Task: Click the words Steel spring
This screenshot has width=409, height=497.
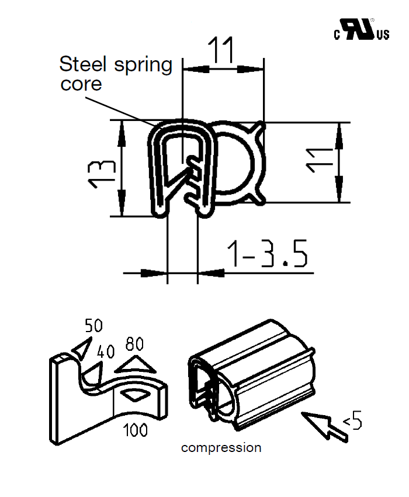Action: tap(116, 64)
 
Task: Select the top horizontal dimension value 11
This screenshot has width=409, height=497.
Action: tap(223, 50)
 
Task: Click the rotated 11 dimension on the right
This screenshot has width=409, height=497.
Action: tap(320, 160)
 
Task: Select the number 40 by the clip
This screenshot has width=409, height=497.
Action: tap(106, 352)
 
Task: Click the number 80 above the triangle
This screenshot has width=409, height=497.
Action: tap(134, 344)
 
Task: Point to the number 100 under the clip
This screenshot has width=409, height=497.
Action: tap(135, 431)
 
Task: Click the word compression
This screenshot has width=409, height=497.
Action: tap(221, 448)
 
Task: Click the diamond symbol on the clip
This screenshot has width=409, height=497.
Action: tap(136, 395)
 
